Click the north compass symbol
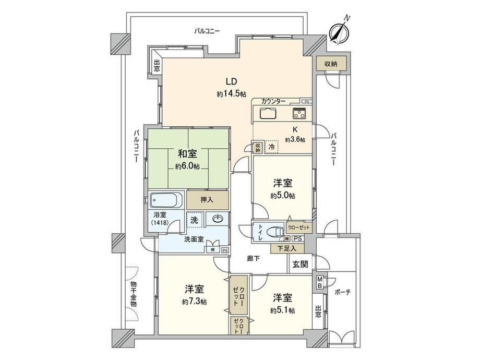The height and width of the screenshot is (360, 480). pyautogui.click(x=338, y=31)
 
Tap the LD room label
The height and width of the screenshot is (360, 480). pyautogui.click(x=232, y=81)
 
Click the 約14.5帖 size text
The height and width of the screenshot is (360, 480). pyautogui.click(x=232, y=94)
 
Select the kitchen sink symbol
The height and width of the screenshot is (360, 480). pyautogui.click(x=269, y=113)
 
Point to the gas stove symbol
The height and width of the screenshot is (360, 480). pyautogui.click(x=299, y=113)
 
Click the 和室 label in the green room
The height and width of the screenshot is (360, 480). pyautogui.click(x=187, y=153)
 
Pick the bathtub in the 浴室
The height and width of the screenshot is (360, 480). pyautogui.click(x=165, y=200)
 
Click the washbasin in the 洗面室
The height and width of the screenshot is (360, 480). pyautogui.click(x=218, y=219)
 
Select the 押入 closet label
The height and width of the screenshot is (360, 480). pyautogui.click(x=207, y=200)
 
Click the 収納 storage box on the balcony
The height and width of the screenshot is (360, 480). pyautogui.click(x=331, y=64)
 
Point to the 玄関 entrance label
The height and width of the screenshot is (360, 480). pyautogui.click(x=300, y=264)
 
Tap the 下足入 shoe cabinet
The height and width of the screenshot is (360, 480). pyautogui.click(x=287, y=248)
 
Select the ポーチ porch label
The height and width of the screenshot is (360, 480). pyautogui.click(x=343, y=292)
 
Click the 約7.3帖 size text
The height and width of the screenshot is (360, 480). pyautogui.click(x=195, y=302)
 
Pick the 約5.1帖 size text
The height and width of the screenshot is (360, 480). pyautogui.click(x=283, y=310)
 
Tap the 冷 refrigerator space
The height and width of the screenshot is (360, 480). pyautogui.click(x=271, y=147)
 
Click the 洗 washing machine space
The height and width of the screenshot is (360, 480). pyautogui.click(x=195, y=220)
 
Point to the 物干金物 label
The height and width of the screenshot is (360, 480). pyautogui.click(x=134, y=294)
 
